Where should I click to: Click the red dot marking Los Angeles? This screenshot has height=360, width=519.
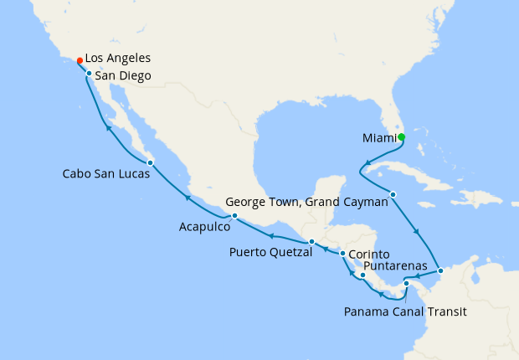[x=80, y=60]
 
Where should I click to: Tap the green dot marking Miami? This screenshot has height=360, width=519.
[x=401, y=137]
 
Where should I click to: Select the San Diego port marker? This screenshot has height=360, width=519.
[x=89, y=75]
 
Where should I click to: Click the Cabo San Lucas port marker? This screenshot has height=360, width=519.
[x=149, y=162]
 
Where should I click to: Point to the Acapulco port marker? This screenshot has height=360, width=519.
[x=234, y=216]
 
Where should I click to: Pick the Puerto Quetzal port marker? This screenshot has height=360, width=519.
[x=311, y=242]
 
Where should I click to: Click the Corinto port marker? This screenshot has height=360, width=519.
[x=342, y=253]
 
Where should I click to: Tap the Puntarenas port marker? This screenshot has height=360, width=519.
[x=363, y=275]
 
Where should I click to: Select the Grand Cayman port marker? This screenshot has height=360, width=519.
[x=393, y=195]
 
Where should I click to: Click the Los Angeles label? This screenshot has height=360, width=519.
[x=118, y=59]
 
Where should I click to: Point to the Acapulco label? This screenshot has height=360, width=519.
[x=203, y=226]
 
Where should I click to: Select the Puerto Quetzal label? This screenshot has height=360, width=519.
[x=270, y=251]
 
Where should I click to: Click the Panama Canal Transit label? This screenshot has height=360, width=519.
[x=405, y=311]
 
